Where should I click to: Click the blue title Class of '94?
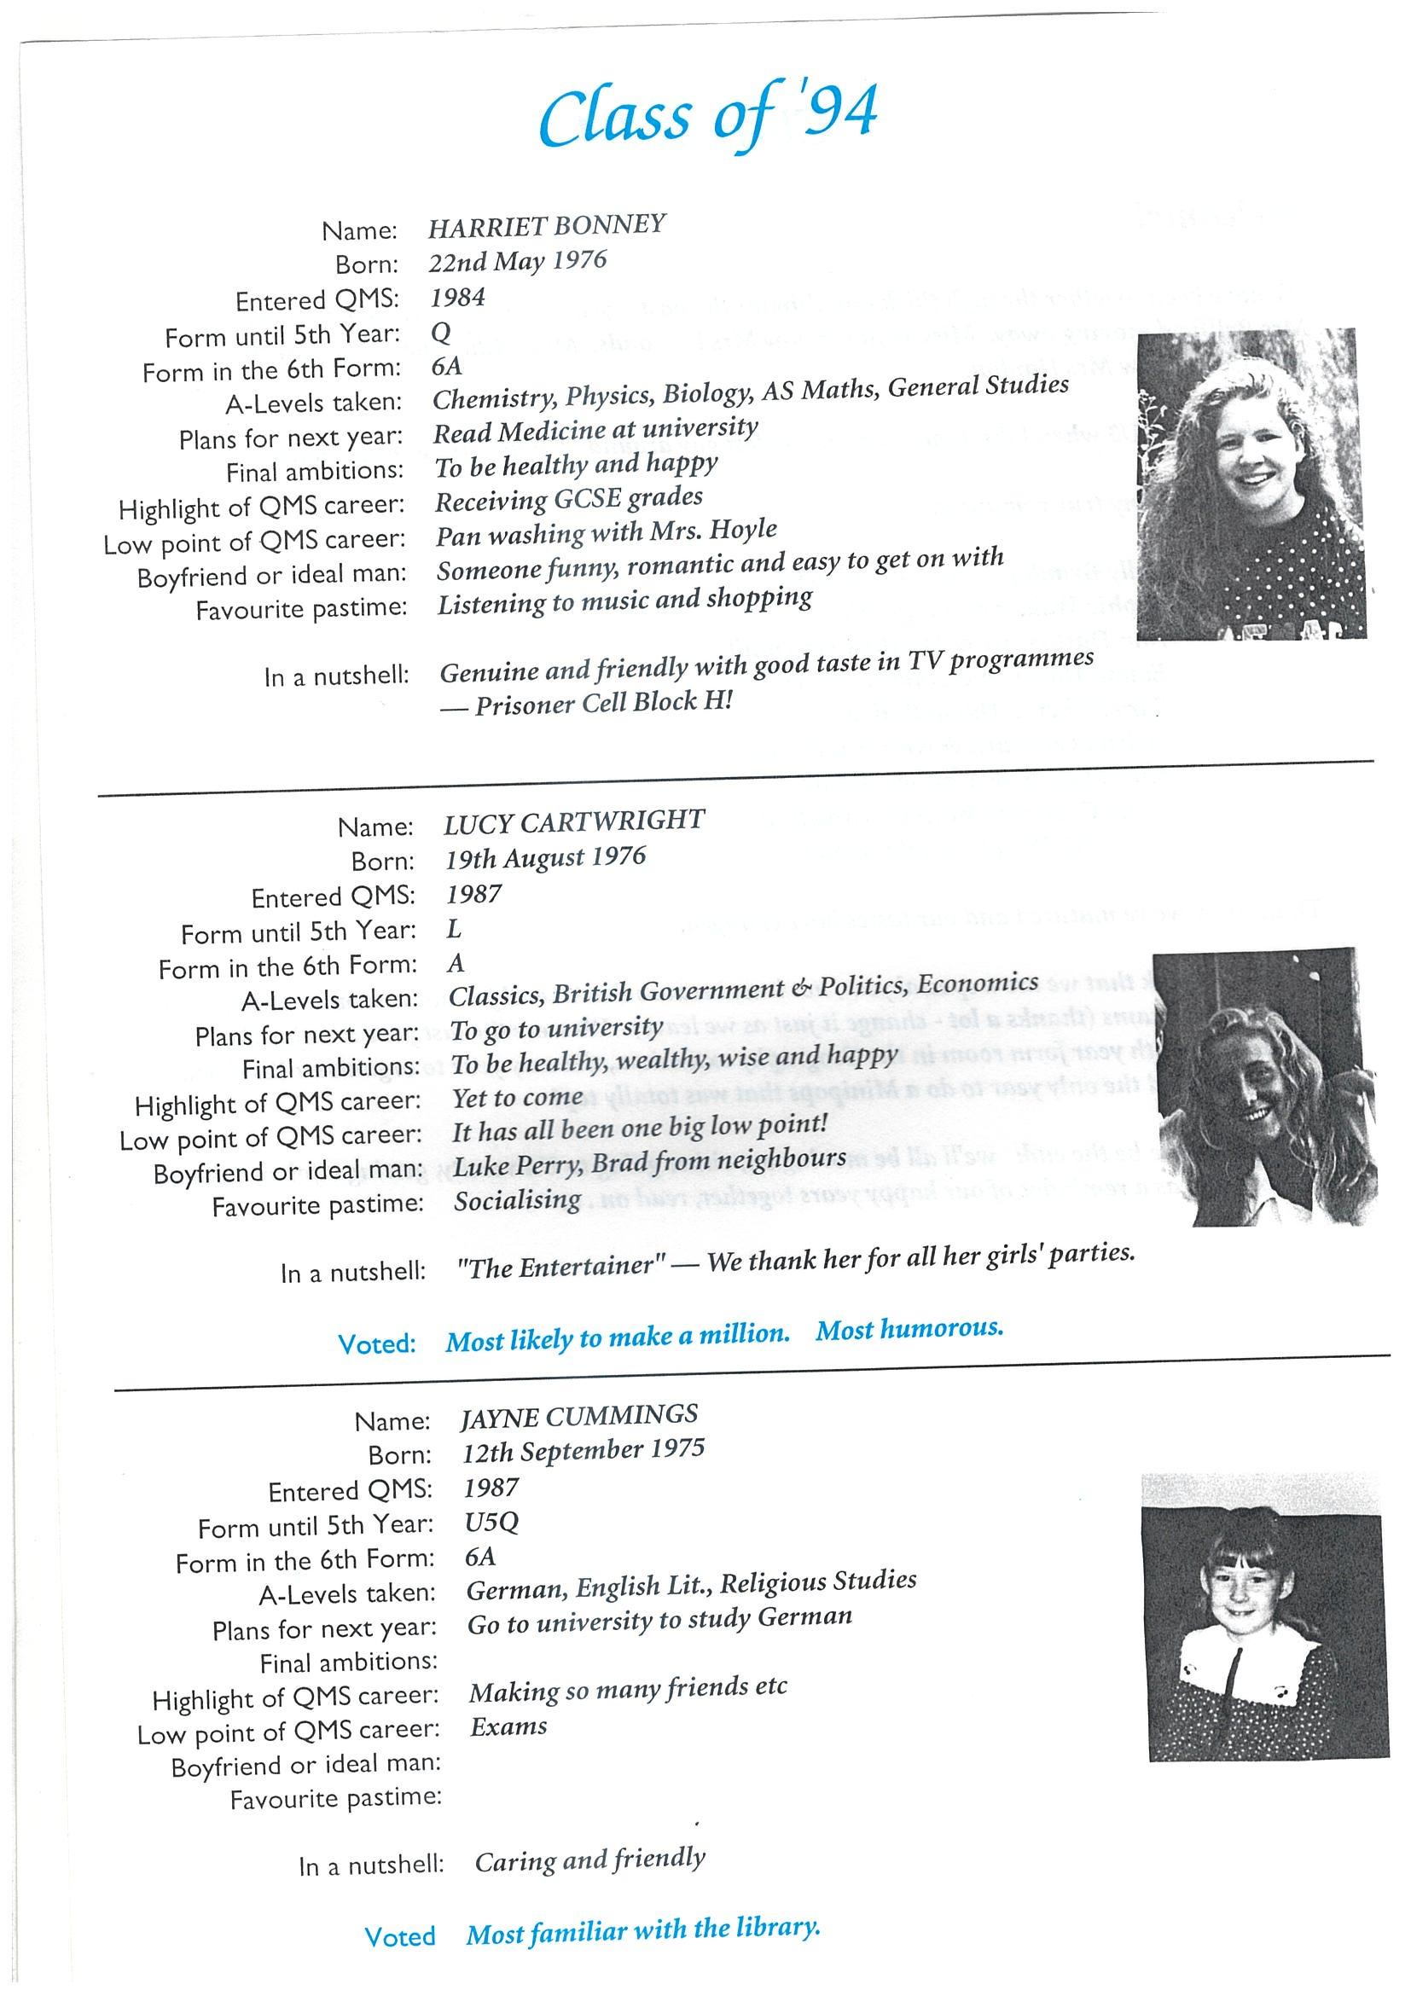pos(707,116)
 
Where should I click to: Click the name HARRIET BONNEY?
pos(547,226)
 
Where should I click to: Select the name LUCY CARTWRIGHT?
pos(574,821)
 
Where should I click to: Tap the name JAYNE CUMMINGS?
pos(579,1416)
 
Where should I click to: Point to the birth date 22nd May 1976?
pos(518,262)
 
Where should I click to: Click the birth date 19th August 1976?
pos(546,858)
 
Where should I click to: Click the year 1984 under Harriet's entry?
pos(458,299)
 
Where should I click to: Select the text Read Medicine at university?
pos(595,429)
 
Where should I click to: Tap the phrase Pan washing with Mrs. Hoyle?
pos(606,533)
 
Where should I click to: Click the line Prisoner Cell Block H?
pos(603,702)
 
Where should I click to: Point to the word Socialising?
pos(517,1200)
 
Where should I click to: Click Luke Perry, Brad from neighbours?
pos(649,1162)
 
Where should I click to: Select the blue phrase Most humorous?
pos(909,1328)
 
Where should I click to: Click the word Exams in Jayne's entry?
pos(508,1726)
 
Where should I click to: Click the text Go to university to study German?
pos(659,1622)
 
